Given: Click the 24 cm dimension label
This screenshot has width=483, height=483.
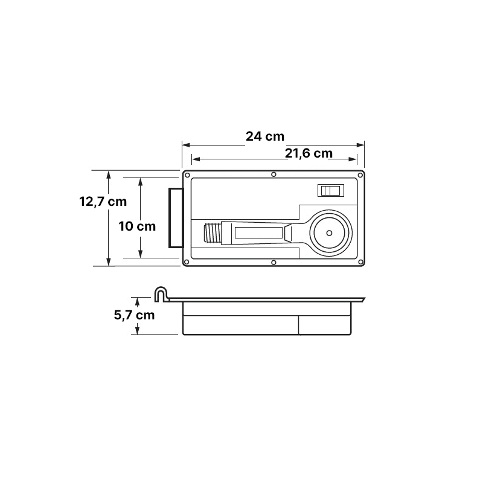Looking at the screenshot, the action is [265, 136].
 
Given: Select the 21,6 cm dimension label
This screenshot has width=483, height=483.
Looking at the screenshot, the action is [309, 153].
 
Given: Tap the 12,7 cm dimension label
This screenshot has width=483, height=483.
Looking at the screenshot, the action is [103, 202].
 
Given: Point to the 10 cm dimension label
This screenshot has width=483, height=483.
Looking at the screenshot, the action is [137, 226].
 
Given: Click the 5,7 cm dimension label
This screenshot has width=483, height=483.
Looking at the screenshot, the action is [134, 315].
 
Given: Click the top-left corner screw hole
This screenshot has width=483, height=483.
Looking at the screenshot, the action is [187, 176].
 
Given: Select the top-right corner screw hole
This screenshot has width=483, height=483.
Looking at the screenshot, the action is [360, 176].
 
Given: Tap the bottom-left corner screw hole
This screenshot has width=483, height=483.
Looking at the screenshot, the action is [186, 262].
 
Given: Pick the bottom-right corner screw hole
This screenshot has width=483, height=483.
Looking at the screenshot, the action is [360, 262].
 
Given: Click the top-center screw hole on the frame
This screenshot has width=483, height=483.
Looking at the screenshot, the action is [273, 174].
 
